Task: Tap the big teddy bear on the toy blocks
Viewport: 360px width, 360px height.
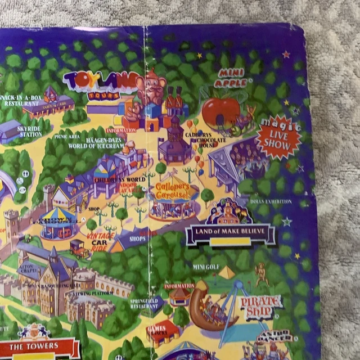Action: click(x=151, y=90)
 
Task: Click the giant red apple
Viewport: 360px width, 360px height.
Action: click(x=220, y=112)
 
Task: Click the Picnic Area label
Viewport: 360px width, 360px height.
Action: click(x=66, y=136)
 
